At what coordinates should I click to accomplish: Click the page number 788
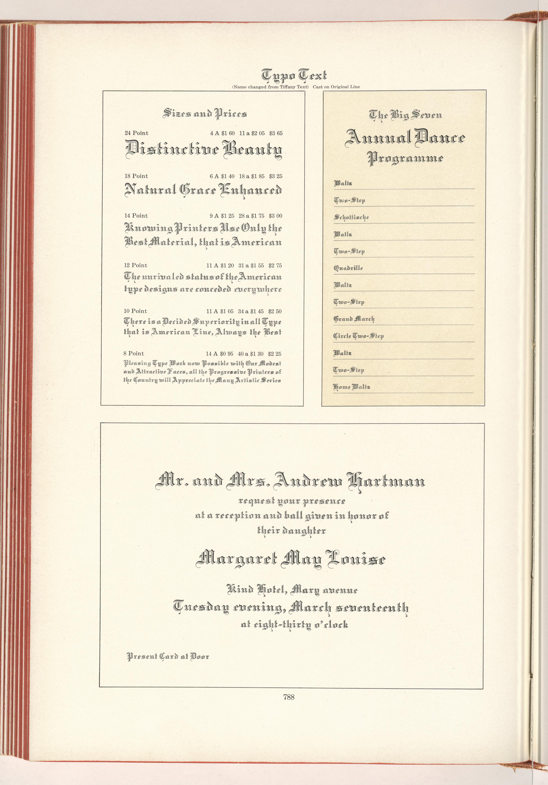coord(288,697)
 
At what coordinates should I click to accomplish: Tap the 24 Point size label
coord(136,133)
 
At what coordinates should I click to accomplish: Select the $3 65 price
coord(276,133)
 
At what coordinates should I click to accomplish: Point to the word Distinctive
coord(173,150)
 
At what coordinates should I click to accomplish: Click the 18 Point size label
coord(136,176)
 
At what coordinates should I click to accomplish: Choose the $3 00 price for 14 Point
coord(275,216)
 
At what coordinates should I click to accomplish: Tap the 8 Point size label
coord(134,353)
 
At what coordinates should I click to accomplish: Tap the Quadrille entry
coord(348,268)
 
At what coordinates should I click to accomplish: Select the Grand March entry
coord(354,319)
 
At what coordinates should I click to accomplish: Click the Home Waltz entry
coord(351,387)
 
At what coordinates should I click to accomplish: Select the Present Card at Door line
coord(168,657)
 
